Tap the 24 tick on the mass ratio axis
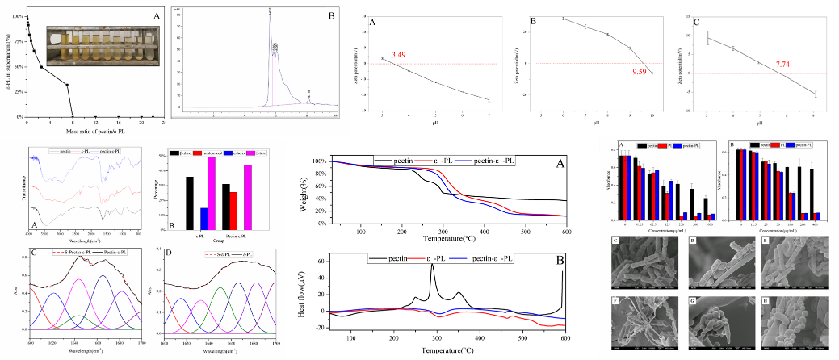165,122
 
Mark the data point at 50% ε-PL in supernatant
42,67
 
